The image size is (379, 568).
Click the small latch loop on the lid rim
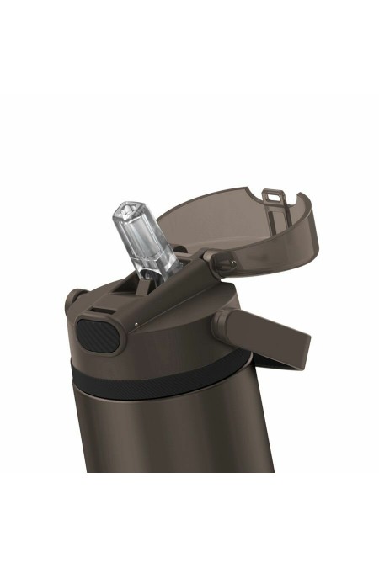pyautogui.click(x=270, y=194)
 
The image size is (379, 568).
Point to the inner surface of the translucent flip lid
pyautogui.click(x=227, y=223)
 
